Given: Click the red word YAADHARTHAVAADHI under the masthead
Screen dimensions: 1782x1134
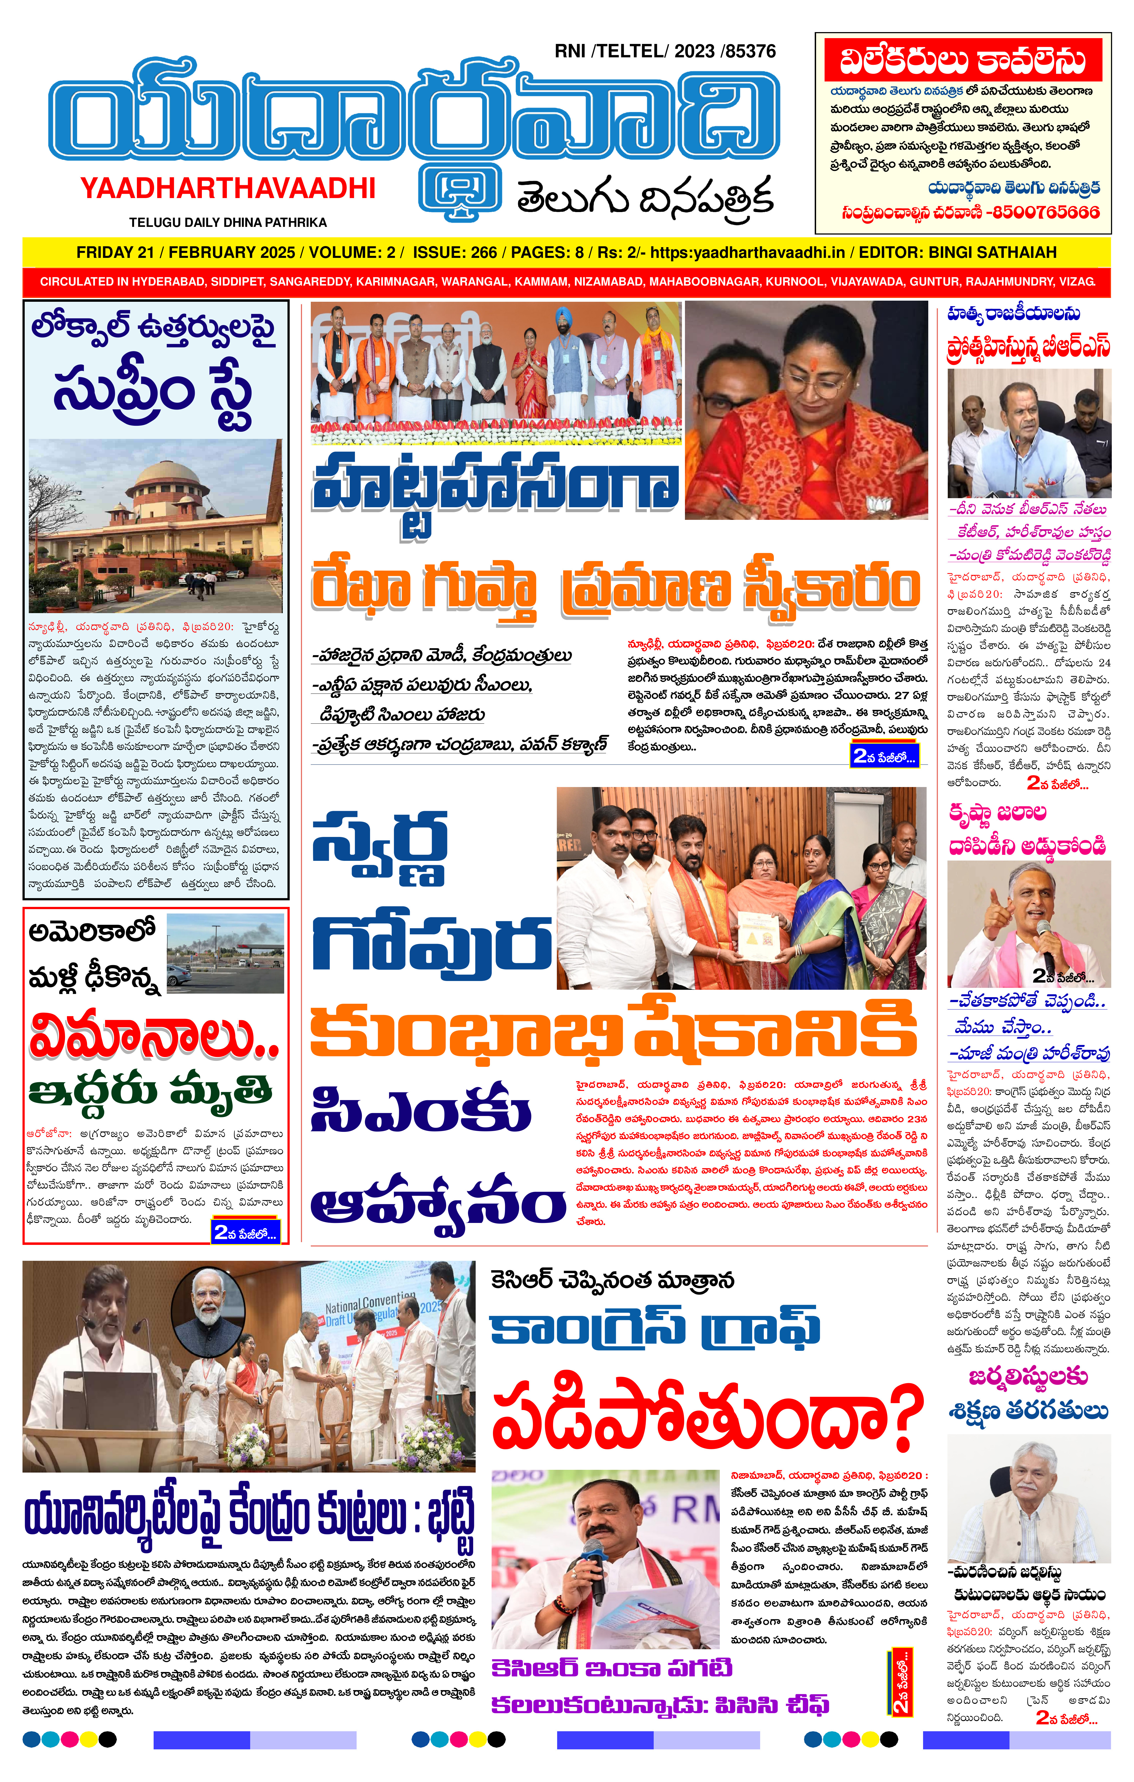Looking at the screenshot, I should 228,189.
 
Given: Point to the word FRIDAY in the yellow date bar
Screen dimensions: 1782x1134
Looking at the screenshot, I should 103,252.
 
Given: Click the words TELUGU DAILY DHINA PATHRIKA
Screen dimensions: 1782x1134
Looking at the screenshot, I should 227,222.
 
